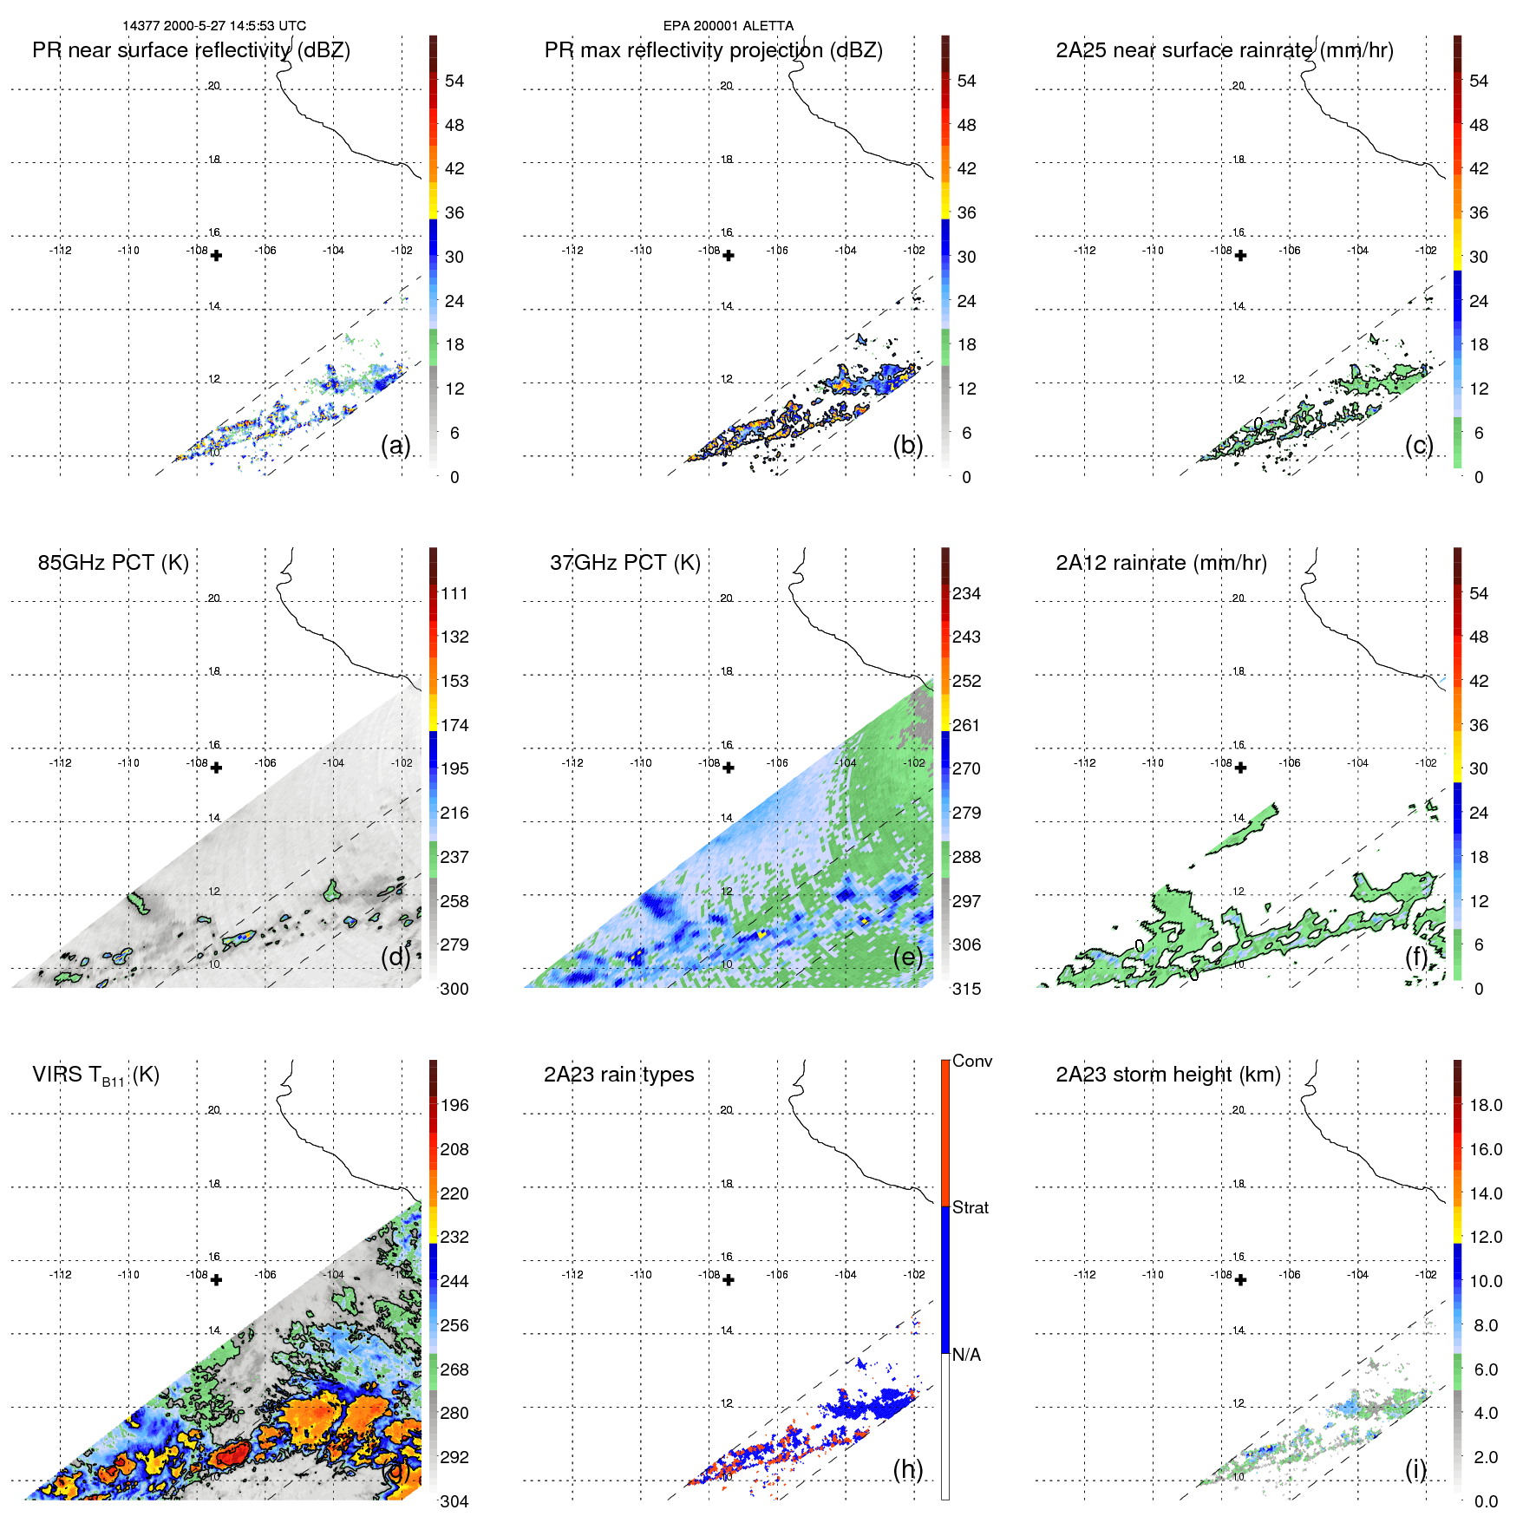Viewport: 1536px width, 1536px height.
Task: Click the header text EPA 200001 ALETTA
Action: [x=728, y=26]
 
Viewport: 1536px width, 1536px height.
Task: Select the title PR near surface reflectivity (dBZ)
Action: [x=191, y=50]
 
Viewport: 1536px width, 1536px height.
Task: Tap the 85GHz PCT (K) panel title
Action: [x=113, y=562]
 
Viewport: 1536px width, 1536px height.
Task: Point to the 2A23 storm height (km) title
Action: [x=1167, y=1075]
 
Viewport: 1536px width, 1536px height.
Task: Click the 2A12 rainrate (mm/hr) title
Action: [x=1160, y=563]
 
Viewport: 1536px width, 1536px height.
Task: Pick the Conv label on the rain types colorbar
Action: [x=971, y=1061]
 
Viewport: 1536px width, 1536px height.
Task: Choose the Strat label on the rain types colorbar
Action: [x=970, y=1207]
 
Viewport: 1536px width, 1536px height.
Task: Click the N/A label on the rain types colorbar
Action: [x=966, y=1355]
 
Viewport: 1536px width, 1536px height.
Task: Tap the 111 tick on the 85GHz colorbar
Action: [x=454, y=593]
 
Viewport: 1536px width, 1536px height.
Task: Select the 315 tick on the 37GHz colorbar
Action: [x=966, y=989]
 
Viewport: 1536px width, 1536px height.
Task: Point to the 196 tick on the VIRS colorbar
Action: [x=454, y=1105]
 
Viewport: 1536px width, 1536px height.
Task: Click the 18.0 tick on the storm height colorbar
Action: [x=1485, y=1105]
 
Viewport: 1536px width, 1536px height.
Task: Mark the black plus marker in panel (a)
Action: [x=216, y=256]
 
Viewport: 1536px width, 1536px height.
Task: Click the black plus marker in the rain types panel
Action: [x=729, y=1280]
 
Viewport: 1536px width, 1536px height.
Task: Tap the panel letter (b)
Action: [x=907, y=445]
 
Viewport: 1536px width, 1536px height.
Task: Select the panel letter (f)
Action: [x=1416, y=957]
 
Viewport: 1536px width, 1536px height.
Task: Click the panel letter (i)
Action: [x=1415, y=1469]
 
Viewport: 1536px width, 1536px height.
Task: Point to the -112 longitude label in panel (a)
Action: [x=60, y=251]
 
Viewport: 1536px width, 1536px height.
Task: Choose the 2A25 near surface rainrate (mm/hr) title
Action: [x=1224, y=50]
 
